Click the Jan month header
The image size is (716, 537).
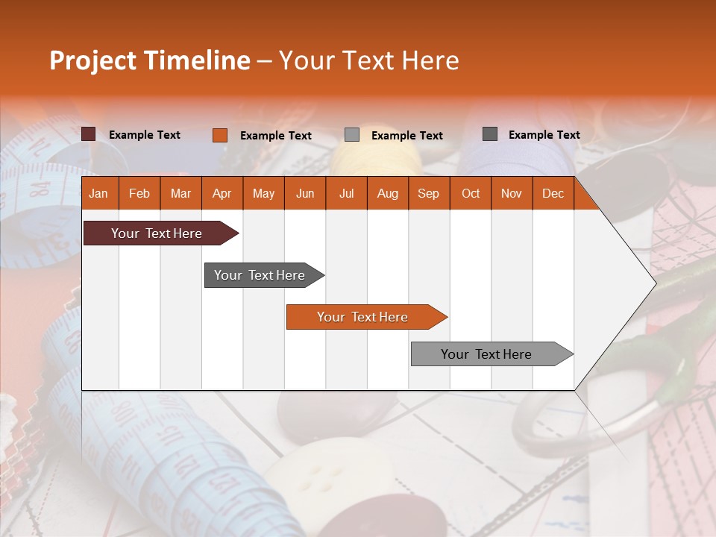click(98, 194)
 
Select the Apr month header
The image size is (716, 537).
click(222, 194)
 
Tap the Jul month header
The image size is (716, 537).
click(346, 194)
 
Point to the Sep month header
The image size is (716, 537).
click(428, 194)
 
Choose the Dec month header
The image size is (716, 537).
click(553, 194)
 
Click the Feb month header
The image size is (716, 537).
click(139, 194)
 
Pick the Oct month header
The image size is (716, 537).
click(471, 194)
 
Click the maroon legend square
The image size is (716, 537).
click(89, 134)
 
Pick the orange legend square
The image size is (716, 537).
click(220, 135)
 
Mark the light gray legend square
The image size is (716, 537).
click(352, 135)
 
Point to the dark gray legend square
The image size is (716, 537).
click(490, 134)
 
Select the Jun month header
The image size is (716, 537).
click(305, 194)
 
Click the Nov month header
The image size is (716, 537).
click(512, 194)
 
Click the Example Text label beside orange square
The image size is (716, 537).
click(275, 136)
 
